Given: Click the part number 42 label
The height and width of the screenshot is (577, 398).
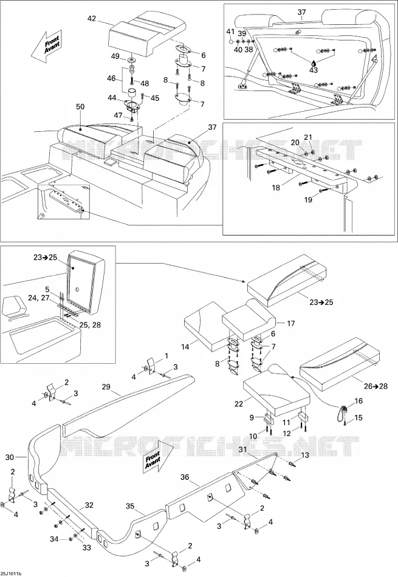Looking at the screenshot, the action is click(91, 18).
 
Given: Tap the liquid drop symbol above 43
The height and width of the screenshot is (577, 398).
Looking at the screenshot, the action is click(314, 63).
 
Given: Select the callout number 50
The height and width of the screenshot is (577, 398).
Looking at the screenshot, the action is click(80, 107).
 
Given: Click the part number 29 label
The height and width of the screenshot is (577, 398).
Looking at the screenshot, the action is click(106, 386).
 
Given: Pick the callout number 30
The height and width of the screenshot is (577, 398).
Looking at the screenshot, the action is click(10, 457).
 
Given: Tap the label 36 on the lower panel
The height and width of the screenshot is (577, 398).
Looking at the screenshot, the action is click(185, 477).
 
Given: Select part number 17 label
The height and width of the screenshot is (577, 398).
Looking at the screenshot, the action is click(291, 324).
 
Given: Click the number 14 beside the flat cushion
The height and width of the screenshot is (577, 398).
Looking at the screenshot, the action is click(185, 347).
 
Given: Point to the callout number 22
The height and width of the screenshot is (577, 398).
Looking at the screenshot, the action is click(239, 404).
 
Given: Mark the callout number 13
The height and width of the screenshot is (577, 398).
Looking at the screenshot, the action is click(305, 455).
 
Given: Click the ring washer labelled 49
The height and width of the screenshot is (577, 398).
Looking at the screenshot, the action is click(131, 60).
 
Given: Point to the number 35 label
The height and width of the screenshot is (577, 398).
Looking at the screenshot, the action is click(130, 506).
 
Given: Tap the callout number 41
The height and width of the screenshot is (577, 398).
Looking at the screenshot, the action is click(230, 32).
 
